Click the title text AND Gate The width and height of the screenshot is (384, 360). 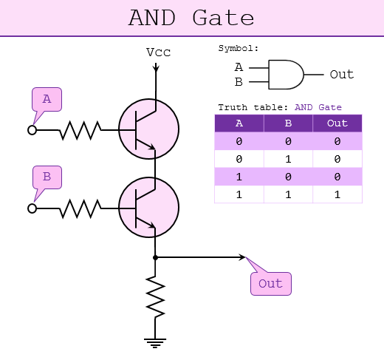point(191,18)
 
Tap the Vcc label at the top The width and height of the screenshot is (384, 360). point(159,52)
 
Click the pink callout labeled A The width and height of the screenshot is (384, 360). point(47,99)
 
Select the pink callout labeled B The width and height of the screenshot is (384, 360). point(47,177)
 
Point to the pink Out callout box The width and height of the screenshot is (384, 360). point(270,283)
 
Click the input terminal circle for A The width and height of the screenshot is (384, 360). point(32,130)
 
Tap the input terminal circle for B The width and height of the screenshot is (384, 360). point(32,208)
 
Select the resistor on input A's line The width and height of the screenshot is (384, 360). point(80,130)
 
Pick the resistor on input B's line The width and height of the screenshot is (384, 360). point(80,208)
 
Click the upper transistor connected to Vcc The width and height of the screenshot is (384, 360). point(148,129)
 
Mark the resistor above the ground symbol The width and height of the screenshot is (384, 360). point(155,296)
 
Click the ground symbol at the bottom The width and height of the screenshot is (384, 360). point(155,342)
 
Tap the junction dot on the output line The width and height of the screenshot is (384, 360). point(155,258)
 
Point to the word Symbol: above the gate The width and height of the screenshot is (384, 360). point(239,48)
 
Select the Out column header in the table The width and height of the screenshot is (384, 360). point(337,123)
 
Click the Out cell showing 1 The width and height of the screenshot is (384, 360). point(337,194)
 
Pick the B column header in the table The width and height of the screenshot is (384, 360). point(288,123)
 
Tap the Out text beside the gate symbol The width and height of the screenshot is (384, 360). point(341,75)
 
